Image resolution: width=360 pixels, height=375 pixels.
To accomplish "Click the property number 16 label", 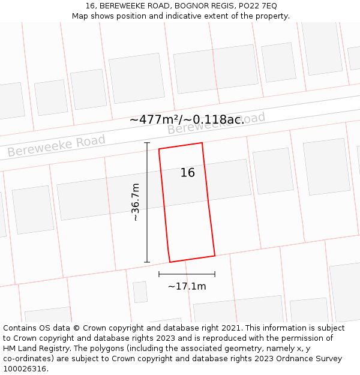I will coord(188,173).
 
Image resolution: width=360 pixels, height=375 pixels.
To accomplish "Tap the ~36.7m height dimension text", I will coord(136,202).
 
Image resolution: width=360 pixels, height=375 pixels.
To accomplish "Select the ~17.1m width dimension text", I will coord(187,286).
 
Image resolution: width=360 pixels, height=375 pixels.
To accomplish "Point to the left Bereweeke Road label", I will coord(56,145).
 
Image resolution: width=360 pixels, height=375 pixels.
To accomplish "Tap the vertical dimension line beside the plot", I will coord(147,202).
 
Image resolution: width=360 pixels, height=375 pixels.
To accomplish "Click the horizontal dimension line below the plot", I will coord(187,274).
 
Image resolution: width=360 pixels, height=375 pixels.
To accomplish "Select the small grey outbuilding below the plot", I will coord(140,292).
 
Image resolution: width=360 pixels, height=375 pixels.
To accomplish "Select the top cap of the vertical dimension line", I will coord(147,143).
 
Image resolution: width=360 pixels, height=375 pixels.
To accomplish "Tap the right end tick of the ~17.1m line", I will coord(215,274).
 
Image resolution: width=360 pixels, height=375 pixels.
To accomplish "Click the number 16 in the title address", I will coord(91,6).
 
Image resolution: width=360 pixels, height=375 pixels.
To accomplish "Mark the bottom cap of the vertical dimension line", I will coord(147,262).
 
